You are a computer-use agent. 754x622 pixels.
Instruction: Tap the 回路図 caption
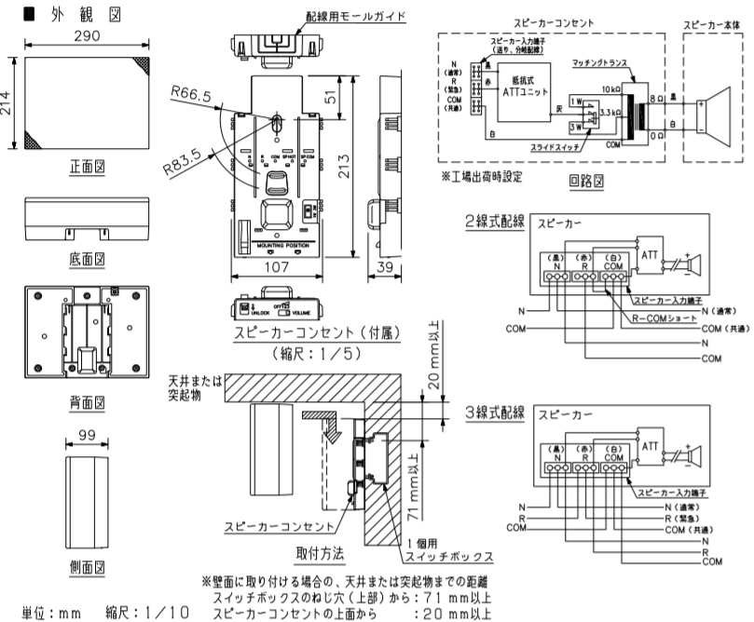[580, 182]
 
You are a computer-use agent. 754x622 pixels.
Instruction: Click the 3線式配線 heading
[495, 412]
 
